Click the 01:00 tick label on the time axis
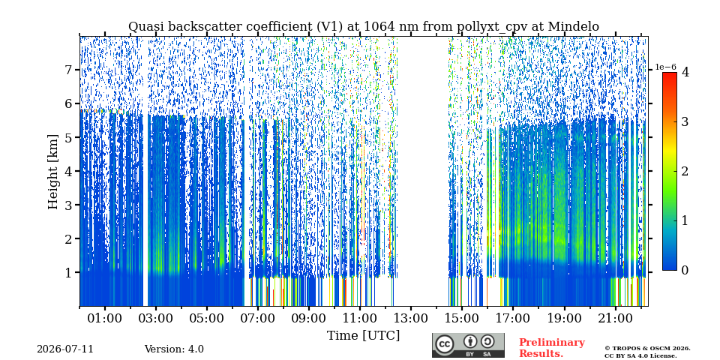coord(105,318)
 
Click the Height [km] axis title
coord(53,172)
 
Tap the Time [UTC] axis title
coord(363,336)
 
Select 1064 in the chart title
coord(378,27)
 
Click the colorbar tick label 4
coord(685,72)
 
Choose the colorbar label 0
coord(685,271)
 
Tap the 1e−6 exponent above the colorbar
coord(666,67)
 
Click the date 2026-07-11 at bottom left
coord(65,349)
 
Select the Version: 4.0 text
coord(174,349)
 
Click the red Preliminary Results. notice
coord(552,348)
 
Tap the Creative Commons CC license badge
coord(468,345)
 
